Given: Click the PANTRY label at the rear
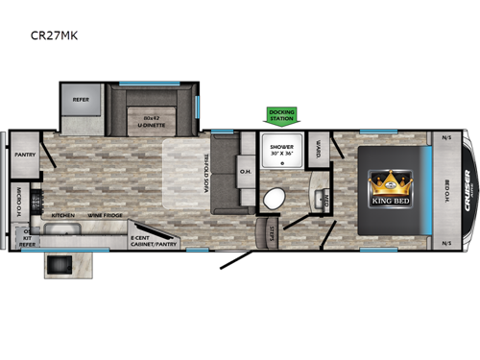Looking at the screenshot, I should coord(23,154).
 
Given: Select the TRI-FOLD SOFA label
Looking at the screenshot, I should coord(206,177).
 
